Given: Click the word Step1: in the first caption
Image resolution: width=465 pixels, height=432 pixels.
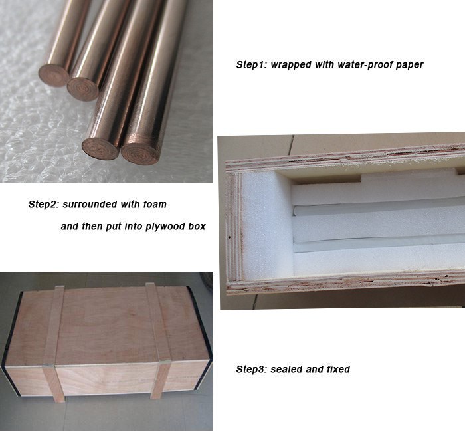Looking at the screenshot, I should point(251,65).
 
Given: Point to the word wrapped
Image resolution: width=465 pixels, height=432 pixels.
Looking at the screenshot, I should point(292,65).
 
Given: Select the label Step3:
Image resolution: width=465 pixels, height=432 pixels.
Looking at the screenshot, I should point(251,369).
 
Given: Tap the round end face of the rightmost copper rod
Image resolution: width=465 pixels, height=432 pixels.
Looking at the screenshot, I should point(140,152).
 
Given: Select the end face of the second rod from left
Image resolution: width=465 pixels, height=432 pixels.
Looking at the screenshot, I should point(83,89).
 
